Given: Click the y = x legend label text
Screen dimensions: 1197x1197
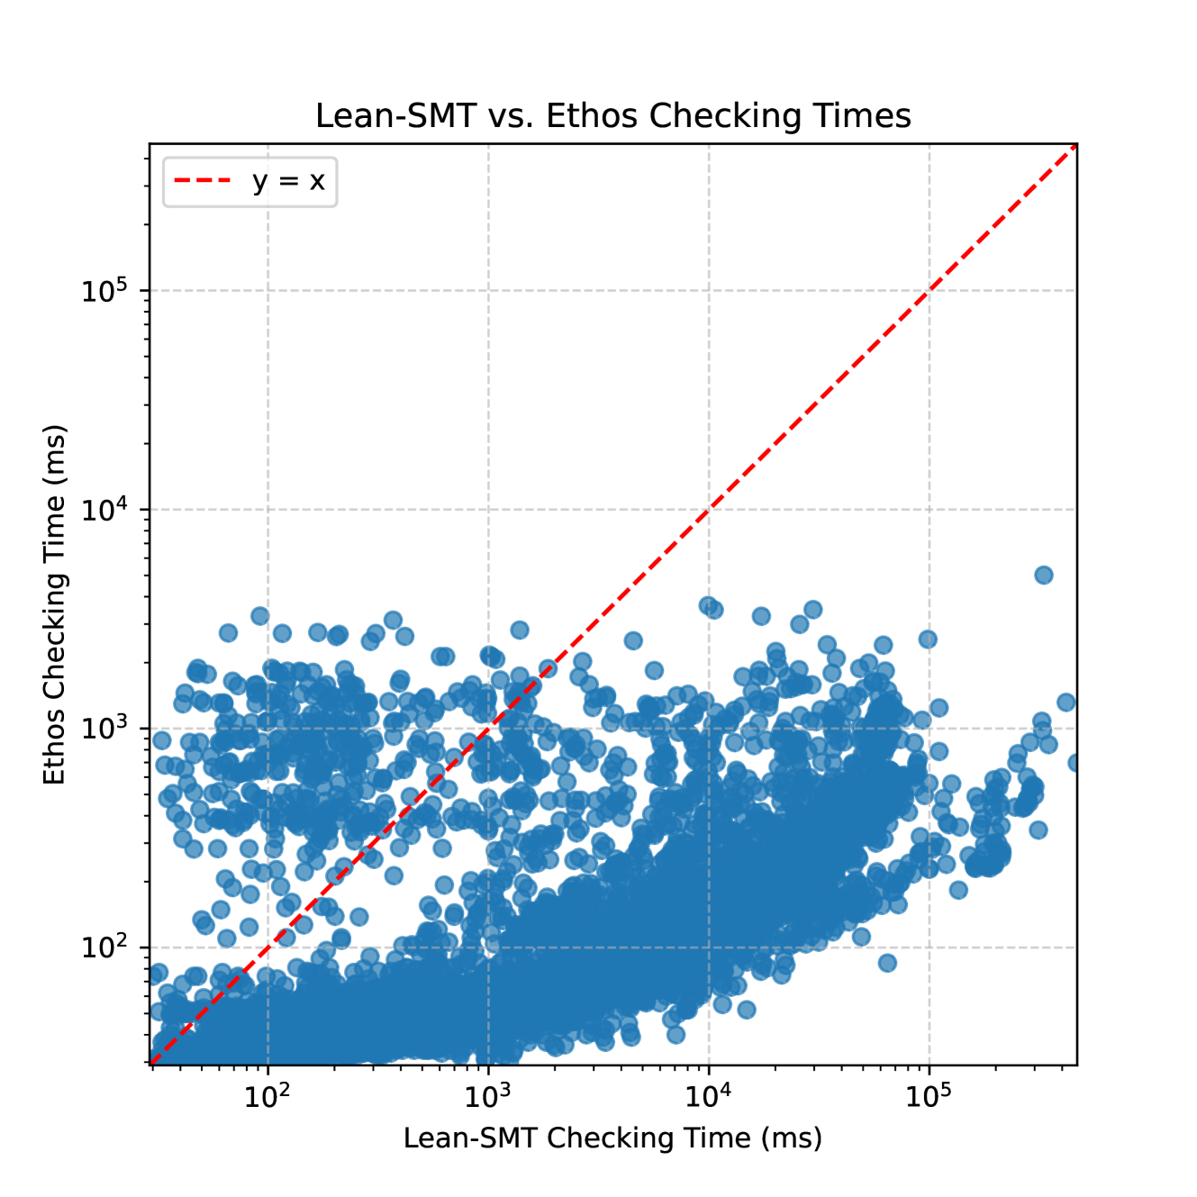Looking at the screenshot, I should pyautogui.click(x=288, y=181).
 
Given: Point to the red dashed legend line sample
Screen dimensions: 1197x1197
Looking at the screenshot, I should pyautogui.click(x=203, y=181).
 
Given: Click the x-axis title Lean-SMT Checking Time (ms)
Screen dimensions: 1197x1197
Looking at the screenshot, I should pyautogui.click(x=612, y=1138).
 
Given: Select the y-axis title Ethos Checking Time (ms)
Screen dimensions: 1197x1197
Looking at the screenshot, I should pyautogui.click(x=55, y=604).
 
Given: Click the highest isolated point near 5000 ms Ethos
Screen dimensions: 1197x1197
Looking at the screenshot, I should pyautogui.click(x=1043, y=575).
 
